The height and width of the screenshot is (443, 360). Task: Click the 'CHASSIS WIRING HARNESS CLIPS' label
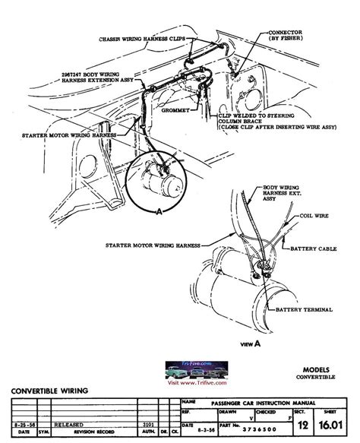(144, 38)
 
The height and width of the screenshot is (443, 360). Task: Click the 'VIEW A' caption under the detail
(251, 344)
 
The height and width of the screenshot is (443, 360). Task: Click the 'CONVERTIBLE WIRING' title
(49, 391)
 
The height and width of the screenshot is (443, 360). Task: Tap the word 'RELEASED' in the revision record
(68, 426)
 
